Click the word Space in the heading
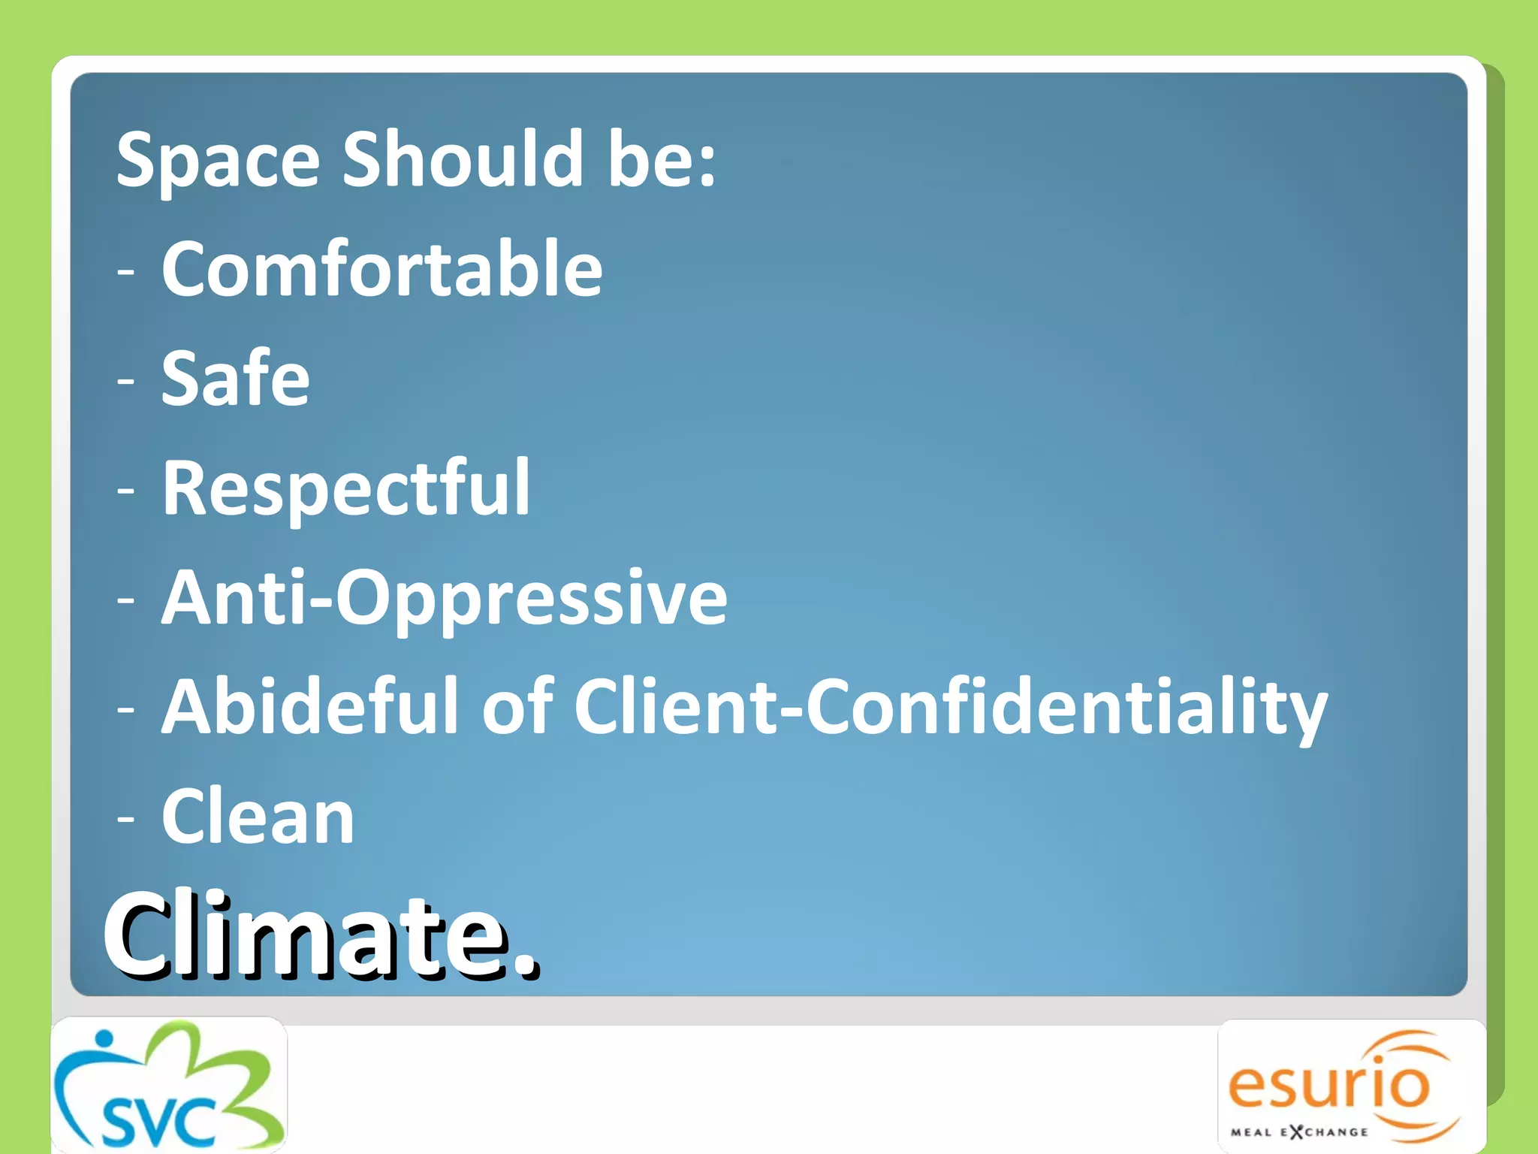(218, 160)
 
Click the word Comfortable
(381, 269)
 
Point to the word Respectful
(346, 488)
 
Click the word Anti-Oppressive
(445, 598)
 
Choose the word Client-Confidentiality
(951, 706)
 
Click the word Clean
(258, 817)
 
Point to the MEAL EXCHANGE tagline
(1299, 1132)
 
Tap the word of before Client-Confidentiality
(517, 706)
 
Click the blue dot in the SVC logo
(104, 1039)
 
